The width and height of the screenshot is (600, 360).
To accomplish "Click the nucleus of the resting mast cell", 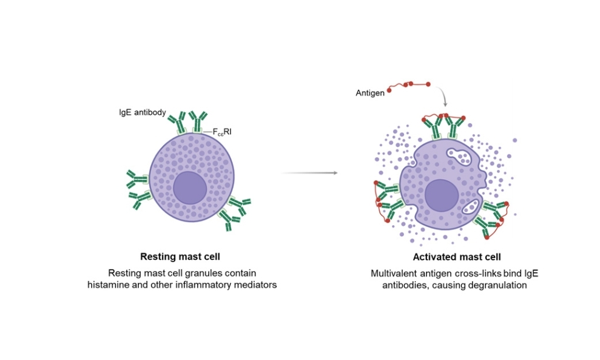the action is click(x=190, y=188).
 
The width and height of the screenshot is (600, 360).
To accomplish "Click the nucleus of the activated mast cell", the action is click(x=442, y=195).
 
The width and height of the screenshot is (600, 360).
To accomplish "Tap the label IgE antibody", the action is click(x=143, y=112).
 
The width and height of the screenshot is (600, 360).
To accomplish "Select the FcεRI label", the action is click(x=222, y=132).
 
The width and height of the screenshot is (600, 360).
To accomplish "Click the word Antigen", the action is click(x=370, y=93).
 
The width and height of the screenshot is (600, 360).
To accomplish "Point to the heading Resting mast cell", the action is click(x=180, y=257).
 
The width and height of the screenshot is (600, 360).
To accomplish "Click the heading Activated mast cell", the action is click(x=456, y=257).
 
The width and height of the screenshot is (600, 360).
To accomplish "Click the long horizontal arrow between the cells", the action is click(x=309, y=173).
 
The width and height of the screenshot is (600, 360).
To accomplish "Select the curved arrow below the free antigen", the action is click(x=442, y=95).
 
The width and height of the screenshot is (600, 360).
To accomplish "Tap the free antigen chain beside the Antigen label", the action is click(x=409, y=86).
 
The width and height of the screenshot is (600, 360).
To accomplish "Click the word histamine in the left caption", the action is click(x=107, y=285).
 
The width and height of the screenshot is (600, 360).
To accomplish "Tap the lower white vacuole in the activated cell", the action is click(x=471, y=207).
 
